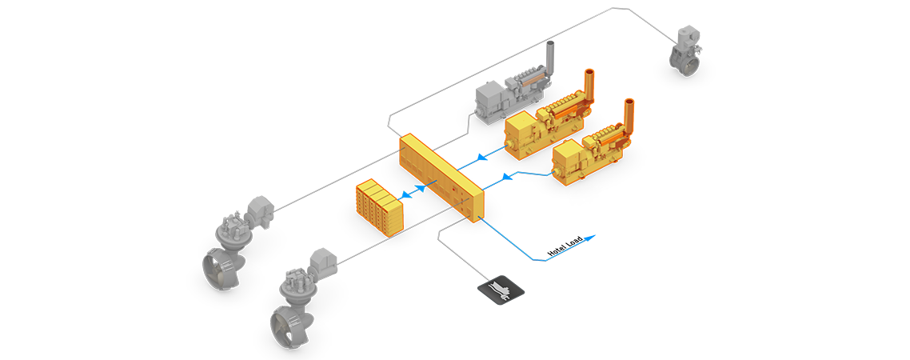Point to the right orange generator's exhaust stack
[629, 112]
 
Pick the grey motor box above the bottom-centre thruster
[321, 260]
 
